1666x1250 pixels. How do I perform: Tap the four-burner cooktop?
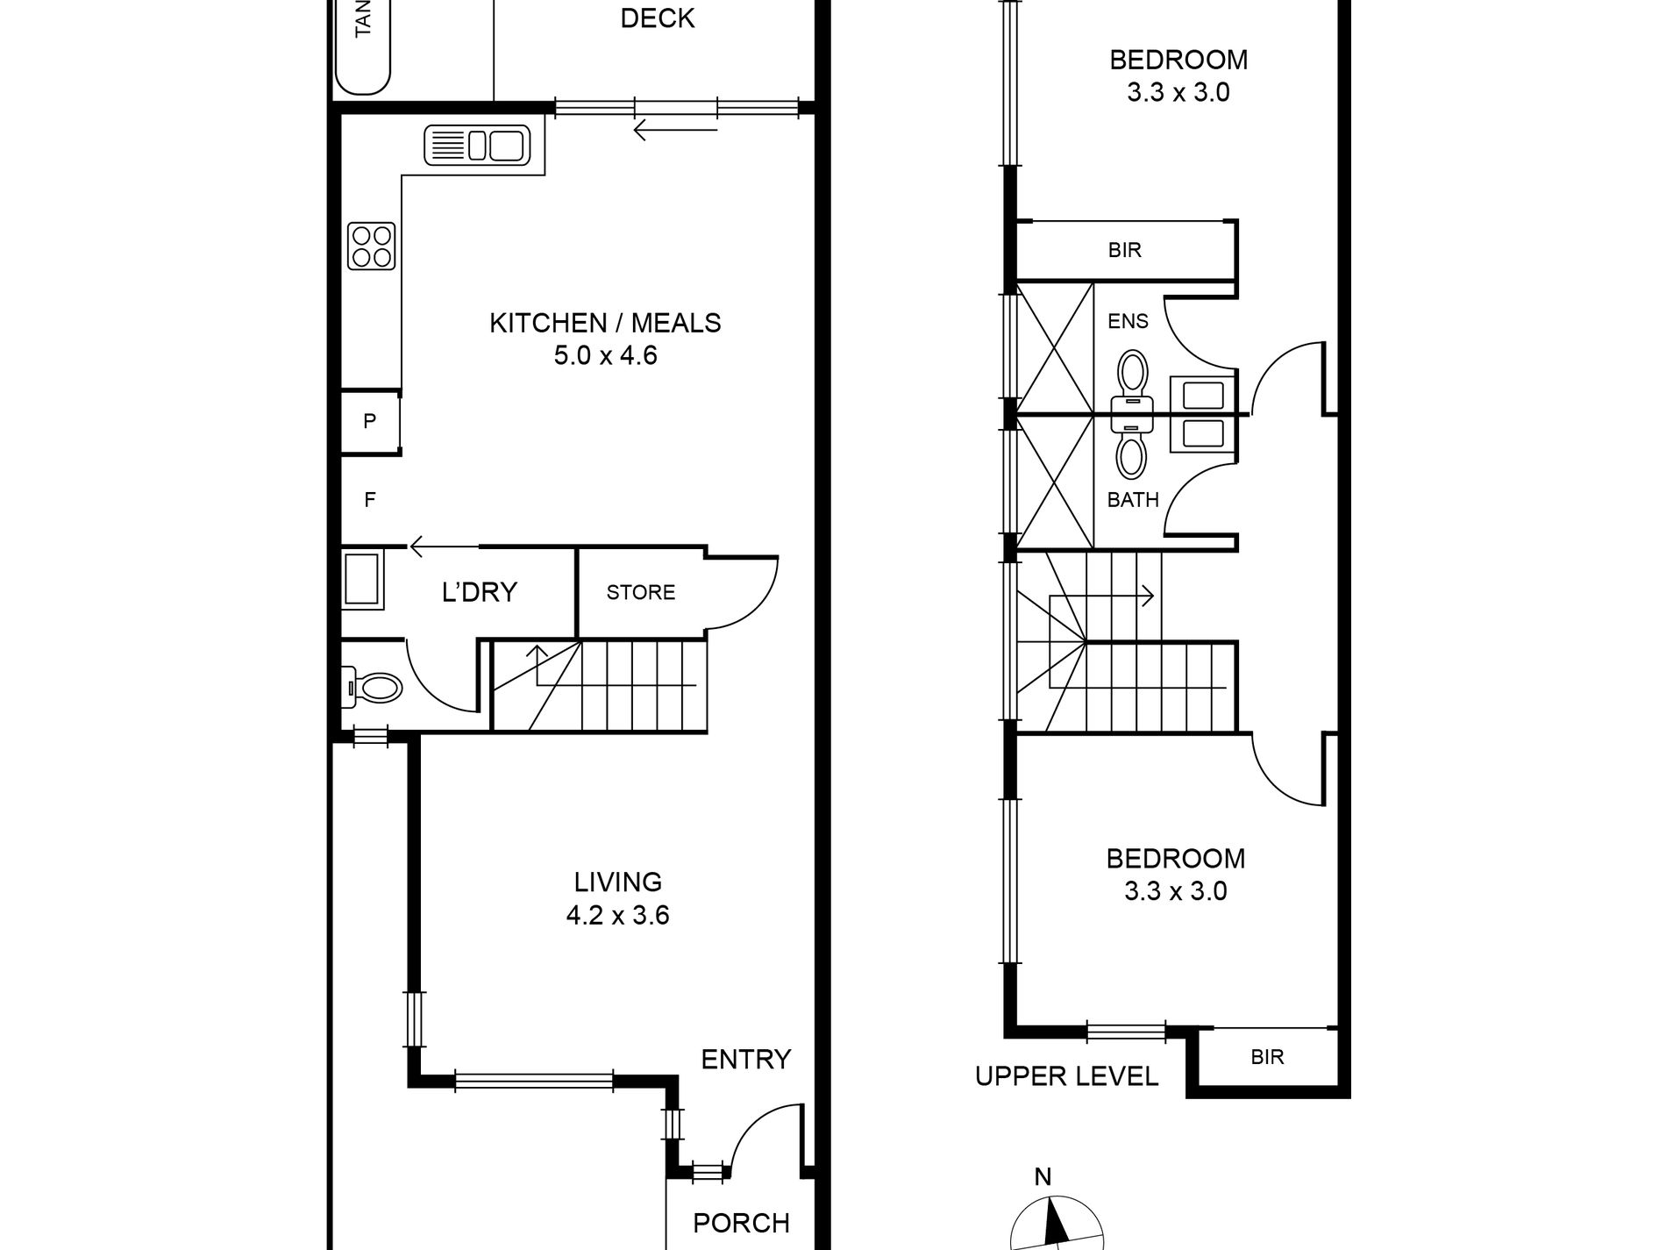point(371,246)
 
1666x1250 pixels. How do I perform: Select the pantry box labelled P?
point(369,422)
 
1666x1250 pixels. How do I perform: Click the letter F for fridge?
point(369,500)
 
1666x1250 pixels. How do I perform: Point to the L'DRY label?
point(479,592)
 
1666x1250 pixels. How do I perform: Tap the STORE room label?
point(640,592)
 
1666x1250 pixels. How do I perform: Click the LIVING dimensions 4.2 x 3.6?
point(617,915)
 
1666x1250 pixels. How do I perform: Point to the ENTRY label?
point(745,1059)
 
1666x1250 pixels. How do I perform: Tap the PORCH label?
point(741,1223)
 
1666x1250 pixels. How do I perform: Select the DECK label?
point(657,18)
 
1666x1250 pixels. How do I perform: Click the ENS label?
point(1127,321)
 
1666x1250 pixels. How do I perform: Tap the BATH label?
point(1132,500)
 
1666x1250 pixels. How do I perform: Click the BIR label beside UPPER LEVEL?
point(1267,1057)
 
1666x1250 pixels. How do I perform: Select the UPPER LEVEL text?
point(1066,1075)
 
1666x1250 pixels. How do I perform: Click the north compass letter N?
point(1043,1177)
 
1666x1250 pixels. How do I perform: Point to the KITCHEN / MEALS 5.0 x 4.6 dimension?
point(605,355)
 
